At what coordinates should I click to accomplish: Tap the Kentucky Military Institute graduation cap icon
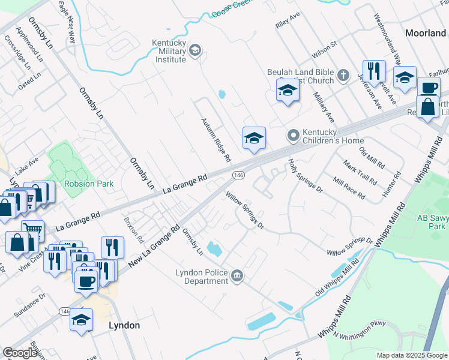(x=195, y=50)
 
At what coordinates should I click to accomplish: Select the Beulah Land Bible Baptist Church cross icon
(x=343, y=76)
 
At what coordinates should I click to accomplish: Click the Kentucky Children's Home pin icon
(x=293, y=136)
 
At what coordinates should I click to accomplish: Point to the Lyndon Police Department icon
(x=238, y=276)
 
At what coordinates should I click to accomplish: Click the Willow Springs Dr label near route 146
(x=245, y=210)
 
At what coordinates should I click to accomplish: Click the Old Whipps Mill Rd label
(x=337, y=277)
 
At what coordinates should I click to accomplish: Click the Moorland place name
(x=425, y=34)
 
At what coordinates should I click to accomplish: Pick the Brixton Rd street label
(x=133, y=230)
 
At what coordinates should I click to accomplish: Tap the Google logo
(x=20, y=353)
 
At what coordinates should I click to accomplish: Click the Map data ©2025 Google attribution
(x=411, y=355)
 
